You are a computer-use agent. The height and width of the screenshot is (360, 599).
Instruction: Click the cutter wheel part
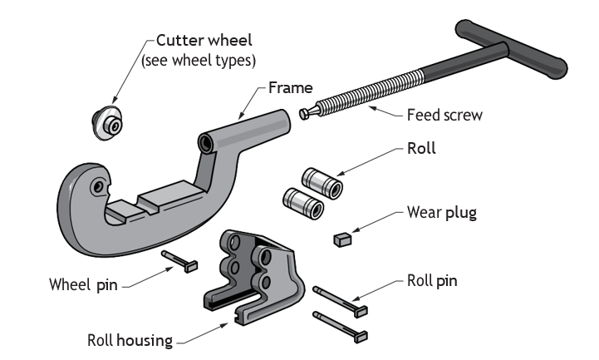[x=107, y=122]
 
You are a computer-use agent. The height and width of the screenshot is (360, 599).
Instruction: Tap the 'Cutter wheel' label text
[x=204, y=40]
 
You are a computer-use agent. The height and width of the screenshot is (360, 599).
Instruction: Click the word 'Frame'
[x=291, y=88]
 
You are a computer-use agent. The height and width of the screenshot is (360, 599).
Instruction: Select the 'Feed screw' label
[x=444, y=115]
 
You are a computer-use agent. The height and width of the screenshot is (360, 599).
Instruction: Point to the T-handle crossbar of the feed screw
[x=511, y=49]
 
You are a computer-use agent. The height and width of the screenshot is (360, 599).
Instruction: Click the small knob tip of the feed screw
[x=304, y=114]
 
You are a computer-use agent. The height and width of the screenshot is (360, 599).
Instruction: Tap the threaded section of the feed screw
[x=369, y=91]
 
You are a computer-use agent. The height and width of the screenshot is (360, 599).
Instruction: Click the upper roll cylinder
[x=322, y=183]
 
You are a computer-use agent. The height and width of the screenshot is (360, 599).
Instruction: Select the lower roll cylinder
[x=303, y=204]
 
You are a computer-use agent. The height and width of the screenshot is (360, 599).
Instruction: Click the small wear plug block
[x=342, y=239]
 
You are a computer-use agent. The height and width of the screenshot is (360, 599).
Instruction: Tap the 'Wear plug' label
[x=442, y=213]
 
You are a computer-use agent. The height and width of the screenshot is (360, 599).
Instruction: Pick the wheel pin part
[x=179, y=261]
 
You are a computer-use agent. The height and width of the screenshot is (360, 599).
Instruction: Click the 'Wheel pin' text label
[x=83, y=284]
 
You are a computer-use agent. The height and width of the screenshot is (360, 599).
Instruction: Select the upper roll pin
[x=340, y=301]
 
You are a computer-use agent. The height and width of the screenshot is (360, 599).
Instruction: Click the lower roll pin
[x=340, y=327]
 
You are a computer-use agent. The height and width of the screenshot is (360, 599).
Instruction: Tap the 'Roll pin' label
[x=432, y=281]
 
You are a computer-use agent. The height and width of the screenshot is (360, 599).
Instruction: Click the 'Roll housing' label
[x=130, y=340]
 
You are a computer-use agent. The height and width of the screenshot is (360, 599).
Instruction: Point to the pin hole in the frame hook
[x=98, y=187]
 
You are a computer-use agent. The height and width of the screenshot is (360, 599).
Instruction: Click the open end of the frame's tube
[x=206, y=143]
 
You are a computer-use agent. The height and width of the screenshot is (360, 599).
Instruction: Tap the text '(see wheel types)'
[x=199, y=61]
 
